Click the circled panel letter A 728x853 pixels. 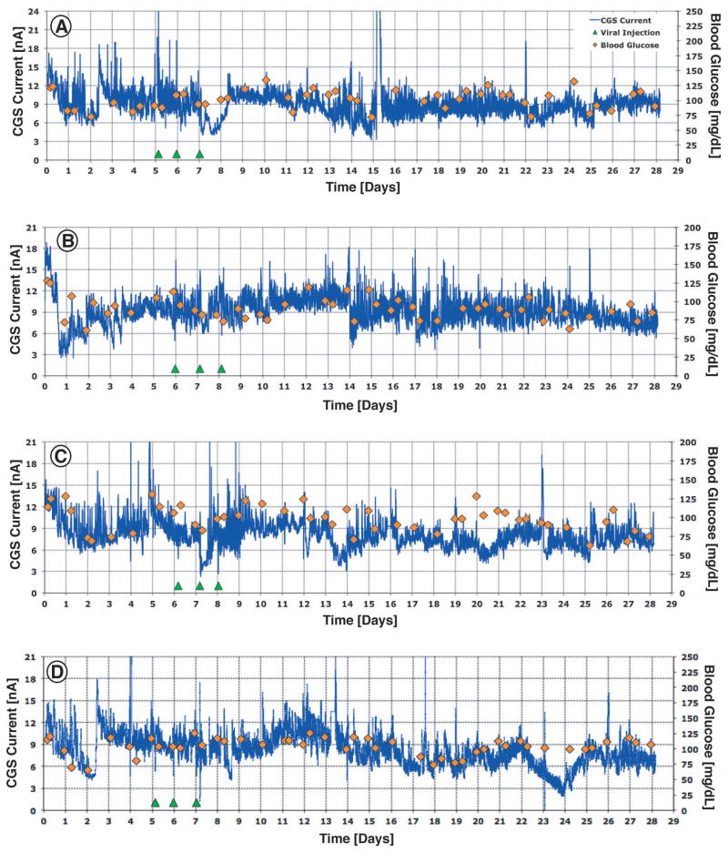tap(62, 27)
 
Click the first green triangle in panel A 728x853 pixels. tap(158, 155)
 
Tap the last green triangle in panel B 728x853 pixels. tap(221, 369)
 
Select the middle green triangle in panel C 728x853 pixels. tap(199, 585)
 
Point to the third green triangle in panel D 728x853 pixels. tap(196, 802)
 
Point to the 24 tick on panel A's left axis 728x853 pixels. tap(33, 12)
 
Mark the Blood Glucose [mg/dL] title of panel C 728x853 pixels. tap(714, 517)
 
